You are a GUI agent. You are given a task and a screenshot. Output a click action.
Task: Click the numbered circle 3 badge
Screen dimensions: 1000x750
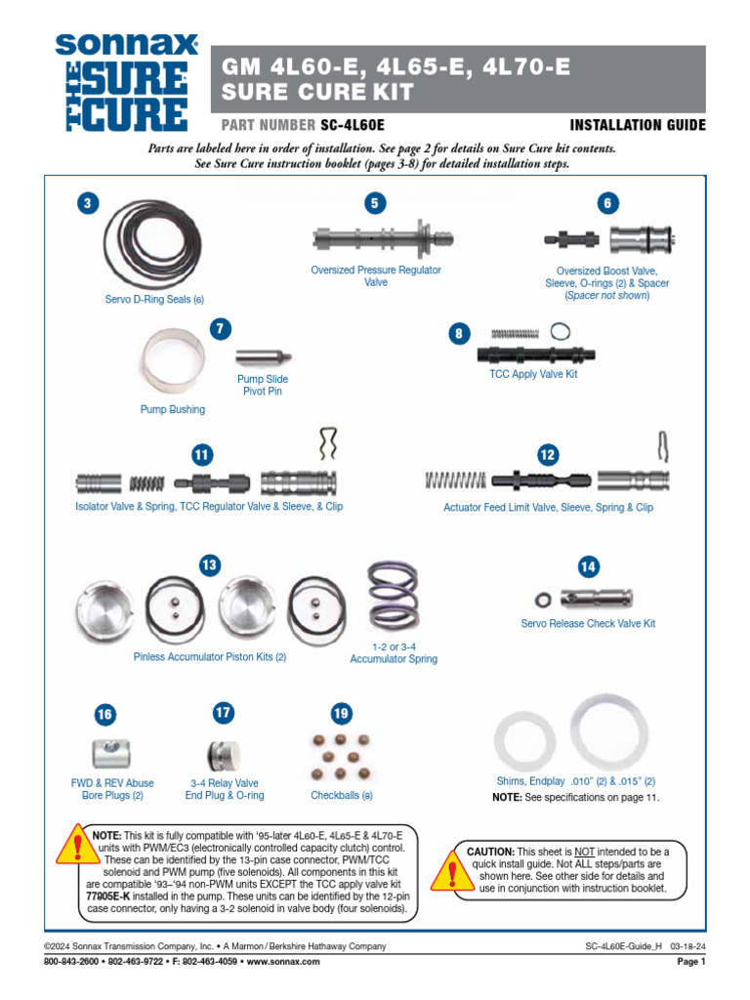click(88, 203)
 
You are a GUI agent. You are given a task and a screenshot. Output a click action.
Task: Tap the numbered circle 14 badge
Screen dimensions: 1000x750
click(588, 566)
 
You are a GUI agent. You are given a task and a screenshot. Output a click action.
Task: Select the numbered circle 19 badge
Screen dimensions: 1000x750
click(340, 714)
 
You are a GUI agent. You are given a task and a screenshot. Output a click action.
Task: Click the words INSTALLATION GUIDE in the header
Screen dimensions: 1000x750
click(637, 126)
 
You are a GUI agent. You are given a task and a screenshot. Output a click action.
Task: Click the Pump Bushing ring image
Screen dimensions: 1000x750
click(174, 360)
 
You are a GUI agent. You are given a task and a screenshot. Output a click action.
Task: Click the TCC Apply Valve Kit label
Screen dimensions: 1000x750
click(533, 374)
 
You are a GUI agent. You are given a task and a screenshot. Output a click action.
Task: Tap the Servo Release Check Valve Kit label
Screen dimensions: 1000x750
click(588, 623)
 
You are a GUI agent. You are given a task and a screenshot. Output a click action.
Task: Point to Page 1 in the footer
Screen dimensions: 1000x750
click(690, 962)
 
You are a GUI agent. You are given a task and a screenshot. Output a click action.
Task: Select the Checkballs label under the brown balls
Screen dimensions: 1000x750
click(341, 796)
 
